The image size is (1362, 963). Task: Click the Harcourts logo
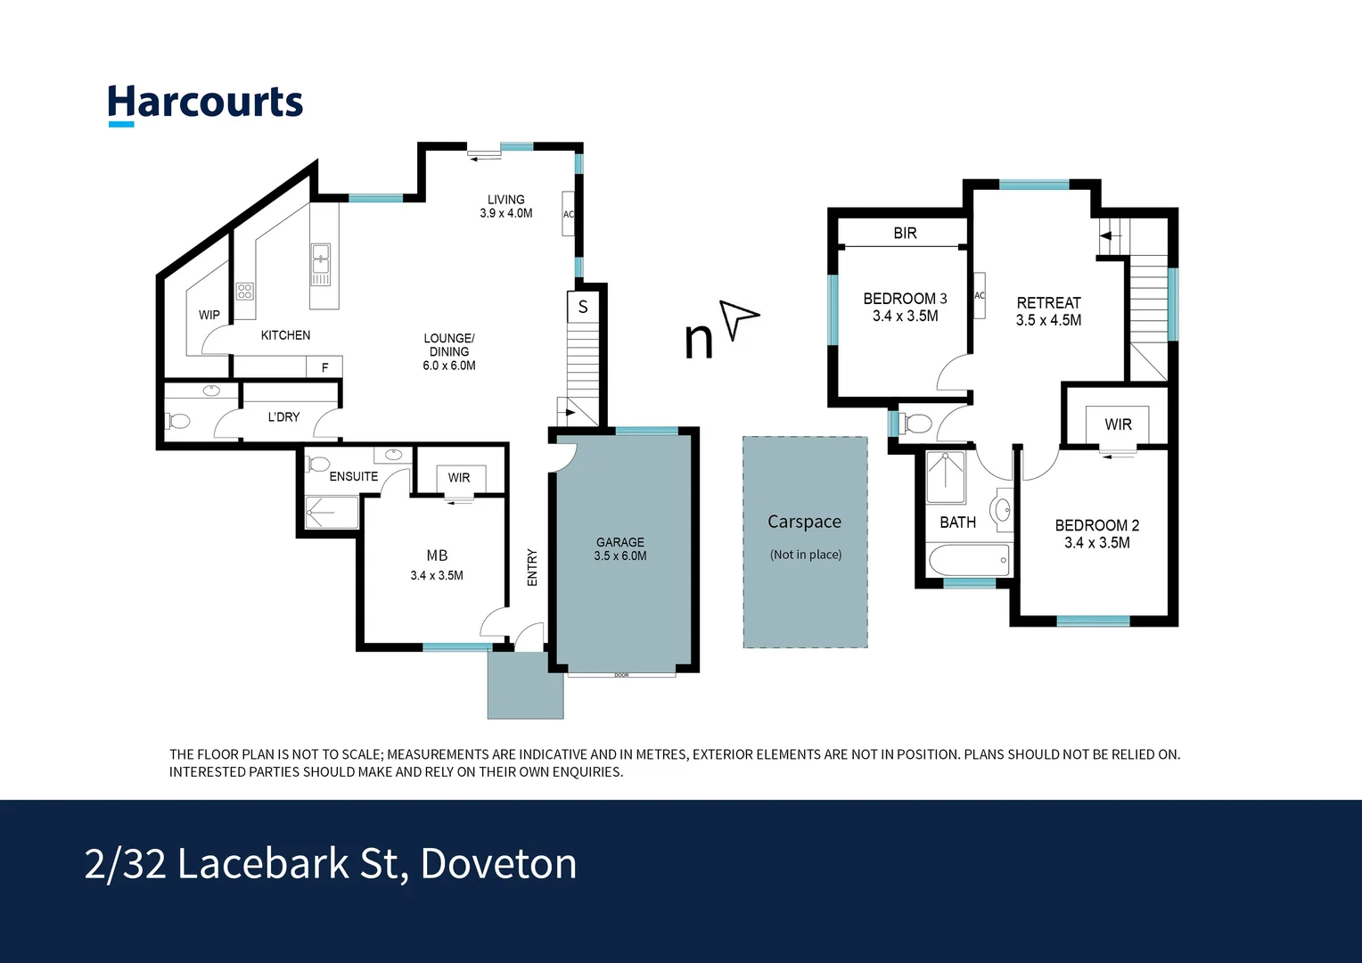pyautogui.click(x=205, y=103)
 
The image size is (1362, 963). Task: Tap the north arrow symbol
pyautogui.click(x=738, y=318)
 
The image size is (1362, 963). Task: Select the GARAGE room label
pyautogui.click(x=620, y=542)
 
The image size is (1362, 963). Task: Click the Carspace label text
pyautogui.click(x=804, y=522)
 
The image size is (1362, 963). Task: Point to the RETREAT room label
pyautogui.click(x=1048, y=303)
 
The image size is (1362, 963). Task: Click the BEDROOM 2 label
pyautogui.click(x=1096, y=525)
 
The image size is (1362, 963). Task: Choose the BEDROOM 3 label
pyautogui.click(x=905, y=299)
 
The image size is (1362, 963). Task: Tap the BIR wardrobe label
pyautogui.click(x=905, y=234)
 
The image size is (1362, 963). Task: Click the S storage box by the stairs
pyautogui.click(x=583, y=307)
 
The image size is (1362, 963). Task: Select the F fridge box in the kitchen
pyautogui.click(x=324, y=367)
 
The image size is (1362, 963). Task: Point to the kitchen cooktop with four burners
pyautogui.click(x=244, y=291)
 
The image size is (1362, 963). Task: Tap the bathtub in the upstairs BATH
pyautogui.click(x=968, y=561)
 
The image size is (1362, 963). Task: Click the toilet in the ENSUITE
pyautogui.click(x=316, y=465)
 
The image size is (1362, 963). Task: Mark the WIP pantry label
pyautogui.click(x=209, y=315)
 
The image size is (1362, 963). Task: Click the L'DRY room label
pyautogui.click(x=283, y=416)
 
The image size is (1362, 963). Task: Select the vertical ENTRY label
pyautogui.click(x=532, y=567)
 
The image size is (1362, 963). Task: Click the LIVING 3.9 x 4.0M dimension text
pyautogui.click(x=505, y=213)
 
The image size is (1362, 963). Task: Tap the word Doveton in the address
pyautogui.click(x=498, y=863)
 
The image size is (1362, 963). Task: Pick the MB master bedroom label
pyautogui.click(x=437, y=556)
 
